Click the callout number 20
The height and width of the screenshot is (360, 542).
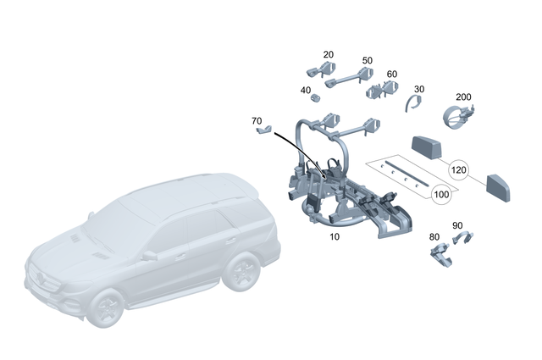tap(329, 54)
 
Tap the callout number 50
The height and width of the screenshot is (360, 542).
tap(368, 60)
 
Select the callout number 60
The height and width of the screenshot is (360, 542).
tap(391, 74)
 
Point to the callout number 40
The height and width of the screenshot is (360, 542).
tap(305, 90)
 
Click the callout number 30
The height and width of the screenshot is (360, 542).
tap(419, 88)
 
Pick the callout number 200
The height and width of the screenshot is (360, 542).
tap(463, 97)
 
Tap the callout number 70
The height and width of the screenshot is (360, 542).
tap(257, 121)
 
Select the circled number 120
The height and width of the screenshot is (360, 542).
tap(458, 170)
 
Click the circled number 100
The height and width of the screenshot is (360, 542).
tap(441, 195)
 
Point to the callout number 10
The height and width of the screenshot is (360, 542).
tap(335, 236)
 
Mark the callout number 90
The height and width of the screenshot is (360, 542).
tap(457, 225)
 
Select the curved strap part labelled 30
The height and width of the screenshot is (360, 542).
tap(412, 103)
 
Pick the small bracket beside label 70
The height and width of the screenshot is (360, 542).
tap(264, 131)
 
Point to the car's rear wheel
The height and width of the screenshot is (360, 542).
tap(244, 273)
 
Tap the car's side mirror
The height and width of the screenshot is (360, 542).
tap(149, 254)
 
